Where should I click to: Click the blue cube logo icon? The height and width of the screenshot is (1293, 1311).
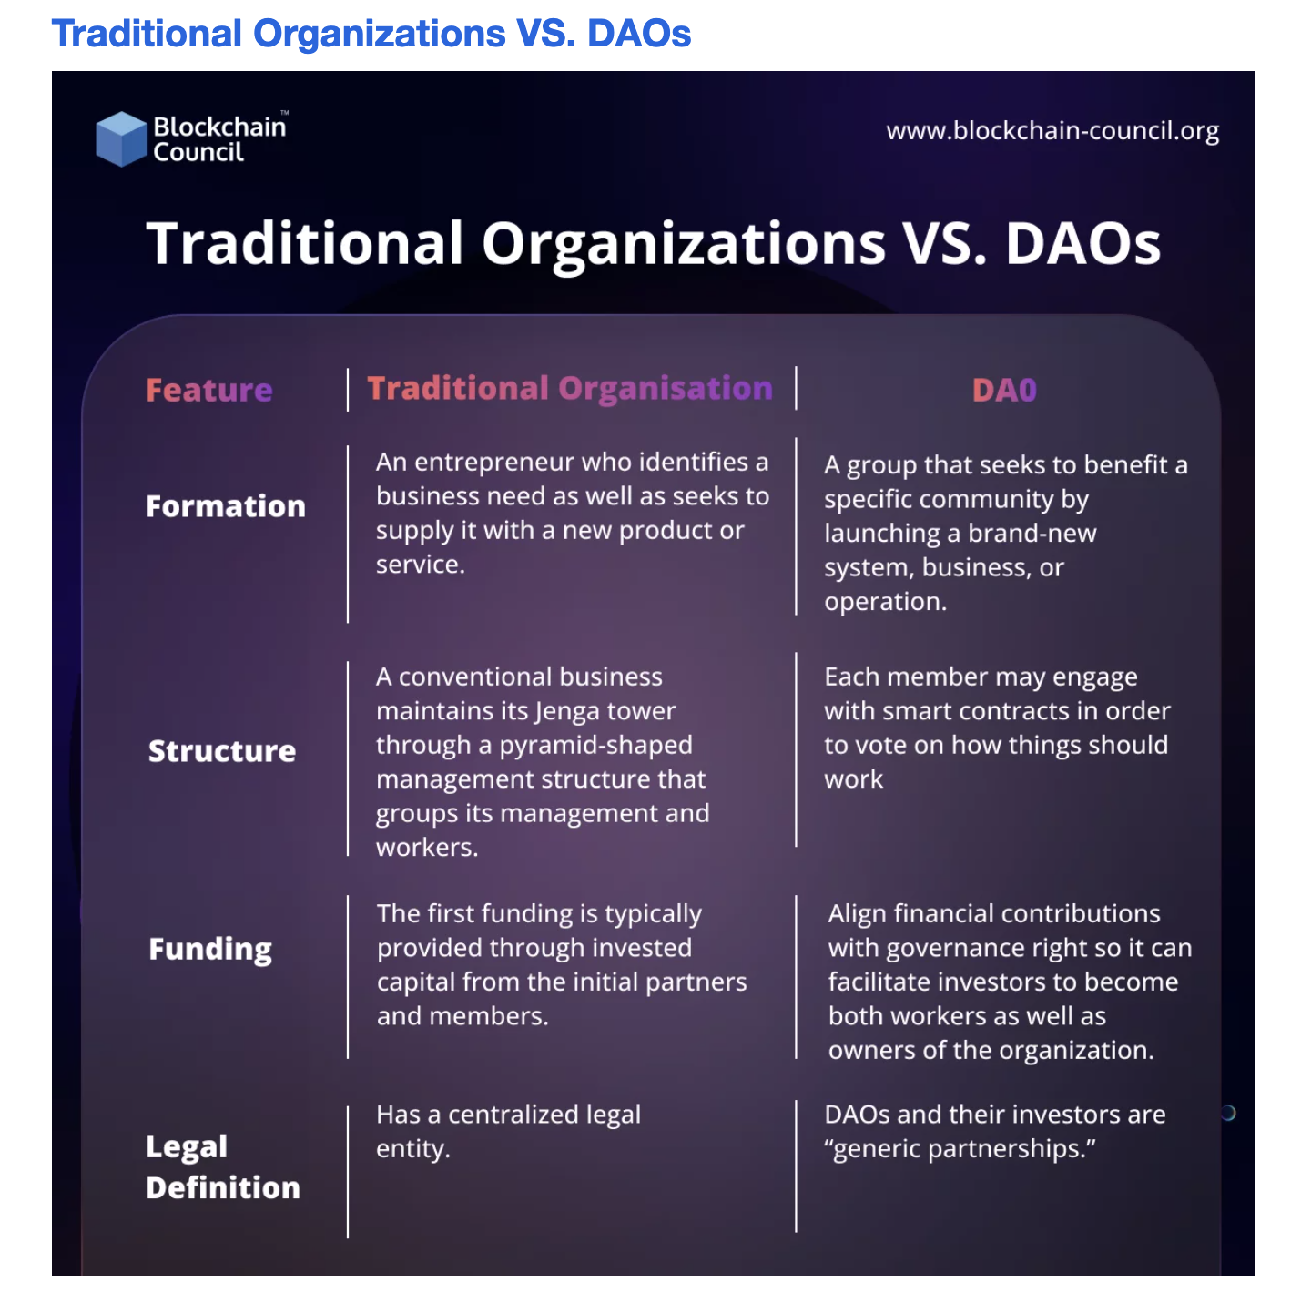click(x=121, y=138)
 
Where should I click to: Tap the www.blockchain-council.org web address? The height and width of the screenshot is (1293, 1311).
click(x=1052, y=131)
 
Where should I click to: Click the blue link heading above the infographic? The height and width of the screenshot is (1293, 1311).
click(x=371, y=34)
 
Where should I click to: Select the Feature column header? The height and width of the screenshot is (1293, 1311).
click(x=209, y=390)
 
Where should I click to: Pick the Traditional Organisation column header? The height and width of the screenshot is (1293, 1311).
click(x=570, y=388)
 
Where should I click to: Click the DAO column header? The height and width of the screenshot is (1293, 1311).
click(x=1004, y=390)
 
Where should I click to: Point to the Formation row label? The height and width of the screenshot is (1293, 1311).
click(x=226, y=506)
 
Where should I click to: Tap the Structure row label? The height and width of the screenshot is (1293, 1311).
click(x=222, y=751)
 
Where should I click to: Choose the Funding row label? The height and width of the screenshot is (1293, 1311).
click(x=210, y=949)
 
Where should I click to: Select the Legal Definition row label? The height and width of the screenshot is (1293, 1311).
click(x=223, y=1166)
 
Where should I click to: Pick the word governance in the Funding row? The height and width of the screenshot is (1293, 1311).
click(x=952, y=949)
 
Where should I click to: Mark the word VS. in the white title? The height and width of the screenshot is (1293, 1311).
click(x=945, y=244)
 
